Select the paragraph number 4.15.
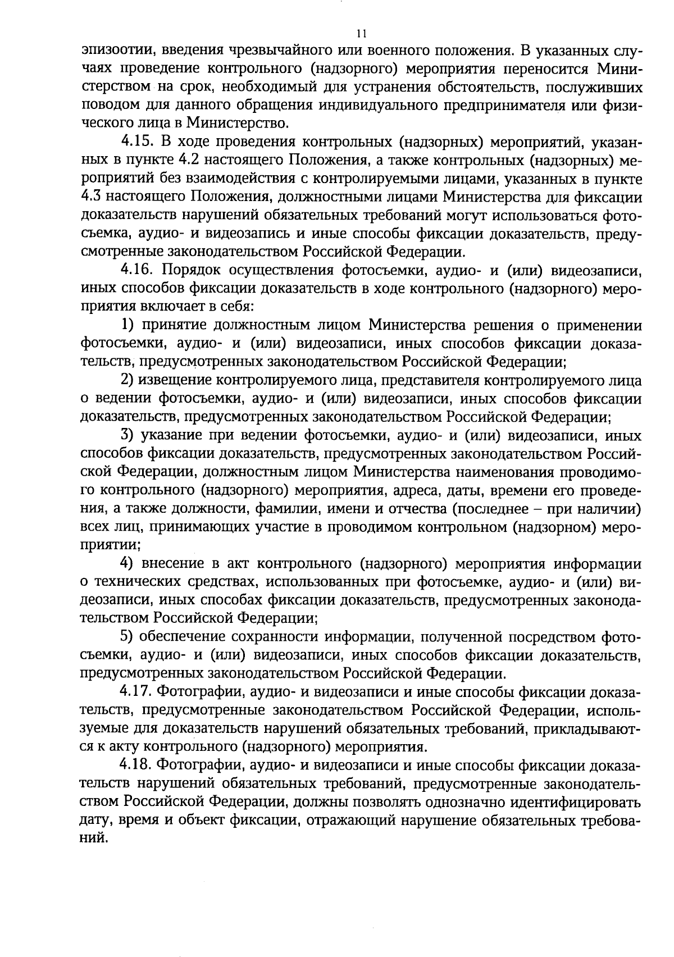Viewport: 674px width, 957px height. [138, 143]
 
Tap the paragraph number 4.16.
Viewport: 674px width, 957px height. [138, 271]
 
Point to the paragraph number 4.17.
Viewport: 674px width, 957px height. [138, 692]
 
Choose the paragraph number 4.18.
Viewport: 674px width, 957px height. [138, 765]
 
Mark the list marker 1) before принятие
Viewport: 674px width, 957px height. [128, 326]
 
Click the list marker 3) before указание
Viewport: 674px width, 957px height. [128, 436]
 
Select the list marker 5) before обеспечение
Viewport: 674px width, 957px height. [128, 637]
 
